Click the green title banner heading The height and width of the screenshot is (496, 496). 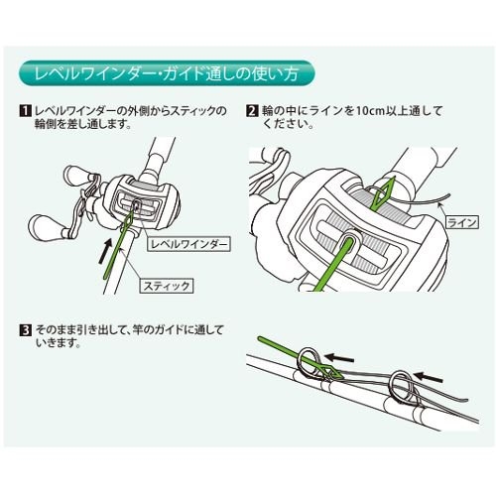coord(167,73)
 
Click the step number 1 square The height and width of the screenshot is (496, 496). coord(25,111)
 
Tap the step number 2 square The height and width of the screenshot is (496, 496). coord(252,111)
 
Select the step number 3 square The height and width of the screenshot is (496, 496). coord(25,330)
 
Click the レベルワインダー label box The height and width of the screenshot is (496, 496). coord(187,244)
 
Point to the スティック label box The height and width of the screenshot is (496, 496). coord(168,286)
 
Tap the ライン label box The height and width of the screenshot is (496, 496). coord(462,222)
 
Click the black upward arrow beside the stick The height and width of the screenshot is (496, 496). coord(106,251)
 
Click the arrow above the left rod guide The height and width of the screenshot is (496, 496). coord(339,358)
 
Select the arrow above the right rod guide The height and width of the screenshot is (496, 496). coord(429,377)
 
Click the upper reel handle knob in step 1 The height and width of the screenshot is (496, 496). coord(76,176)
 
